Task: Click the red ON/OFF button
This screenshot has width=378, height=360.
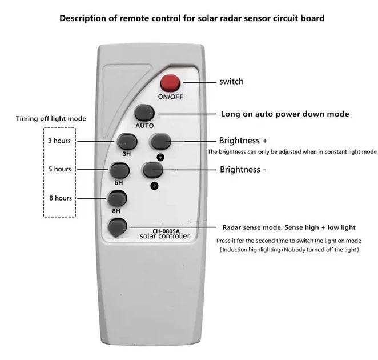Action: tap(170, 83)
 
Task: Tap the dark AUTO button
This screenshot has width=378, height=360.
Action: tap(144, 113)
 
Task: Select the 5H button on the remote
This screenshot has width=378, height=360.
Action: tap(119, 170)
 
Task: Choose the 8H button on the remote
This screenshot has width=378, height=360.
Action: tap(117, 198)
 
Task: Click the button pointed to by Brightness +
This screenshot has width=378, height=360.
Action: tap(161, 141)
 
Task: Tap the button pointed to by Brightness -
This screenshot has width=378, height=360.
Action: tap(153, 170)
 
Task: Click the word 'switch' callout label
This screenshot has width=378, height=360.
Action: tap(231, 81)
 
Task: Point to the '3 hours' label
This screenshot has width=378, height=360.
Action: tap(59, 141)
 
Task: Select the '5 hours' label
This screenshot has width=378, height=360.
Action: tap(60, 169)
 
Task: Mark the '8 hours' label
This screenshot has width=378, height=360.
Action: tap(61, 198)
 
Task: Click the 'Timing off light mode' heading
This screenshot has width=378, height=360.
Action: tap(51, 119)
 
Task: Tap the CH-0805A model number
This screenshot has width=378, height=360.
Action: tap(166, 231)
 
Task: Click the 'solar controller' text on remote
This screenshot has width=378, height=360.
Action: tap(164, 236)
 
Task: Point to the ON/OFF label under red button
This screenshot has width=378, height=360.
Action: tap(171, 97)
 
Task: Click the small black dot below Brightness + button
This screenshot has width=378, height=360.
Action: tap(160, 157)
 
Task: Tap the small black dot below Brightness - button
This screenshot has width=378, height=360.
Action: tap(154, 186)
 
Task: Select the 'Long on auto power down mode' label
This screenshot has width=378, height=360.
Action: tap(285, 114)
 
